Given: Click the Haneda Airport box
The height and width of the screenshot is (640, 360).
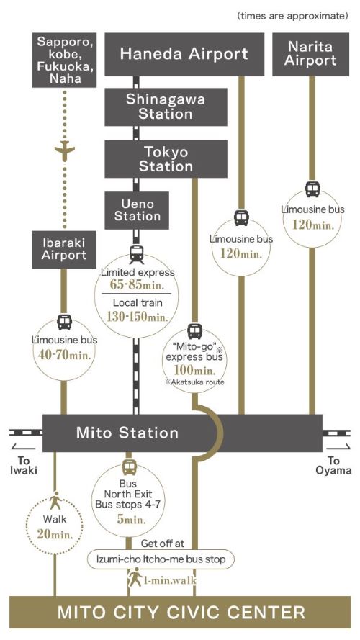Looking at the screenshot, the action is pos(184,54).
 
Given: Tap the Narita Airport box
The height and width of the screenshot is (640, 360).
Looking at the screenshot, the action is pos(310,54).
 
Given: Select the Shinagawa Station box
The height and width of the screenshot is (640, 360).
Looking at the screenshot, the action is pos(166,107).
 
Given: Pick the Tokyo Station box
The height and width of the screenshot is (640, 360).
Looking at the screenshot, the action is pos(166,159).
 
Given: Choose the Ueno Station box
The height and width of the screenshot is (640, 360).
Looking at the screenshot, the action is pos(137,210).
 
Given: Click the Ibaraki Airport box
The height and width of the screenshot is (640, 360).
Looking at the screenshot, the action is pos(64,249).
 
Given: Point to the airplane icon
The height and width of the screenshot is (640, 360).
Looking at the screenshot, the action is pos(65,150).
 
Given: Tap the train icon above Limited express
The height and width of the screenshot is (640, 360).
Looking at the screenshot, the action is pos(136,255).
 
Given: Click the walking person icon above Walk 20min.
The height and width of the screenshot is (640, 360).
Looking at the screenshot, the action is pos(55,501).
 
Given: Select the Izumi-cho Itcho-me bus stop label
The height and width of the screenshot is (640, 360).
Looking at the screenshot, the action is pos(161,559).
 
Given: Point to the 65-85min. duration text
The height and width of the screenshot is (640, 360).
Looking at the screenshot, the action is pos(136,284).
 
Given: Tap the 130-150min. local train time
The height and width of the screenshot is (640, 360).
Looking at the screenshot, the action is pos(137,317).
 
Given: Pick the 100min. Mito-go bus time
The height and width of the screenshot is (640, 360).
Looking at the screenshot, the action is pos(194,371).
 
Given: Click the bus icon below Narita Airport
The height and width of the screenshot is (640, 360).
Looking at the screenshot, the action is pos(312,189).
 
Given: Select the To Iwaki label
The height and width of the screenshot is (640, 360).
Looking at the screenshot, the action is pos(24,465).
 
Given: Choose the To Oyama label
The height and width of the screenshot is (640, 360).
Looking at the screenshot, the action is pos(333,465).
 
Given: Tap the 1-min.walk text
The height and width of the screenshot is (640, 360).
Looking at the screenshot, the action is pos(170,580).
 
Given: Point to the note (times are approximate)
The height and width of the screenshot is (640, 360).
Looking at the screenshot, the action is pos(292,16).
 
